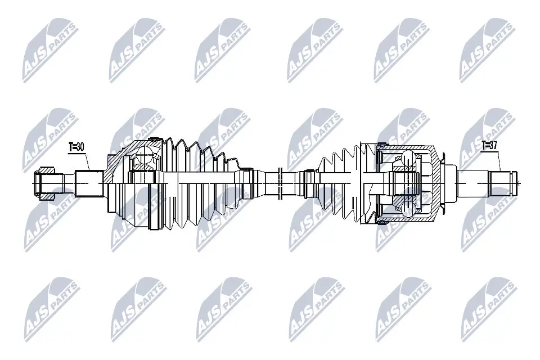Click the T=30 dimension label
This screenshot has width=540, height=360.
(x=76, y=147)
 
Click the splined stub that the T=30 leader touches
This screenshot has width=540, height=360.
(x=89, y=182)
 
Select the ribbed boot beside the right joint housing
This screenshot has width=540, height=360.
(x=343, y=180)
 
